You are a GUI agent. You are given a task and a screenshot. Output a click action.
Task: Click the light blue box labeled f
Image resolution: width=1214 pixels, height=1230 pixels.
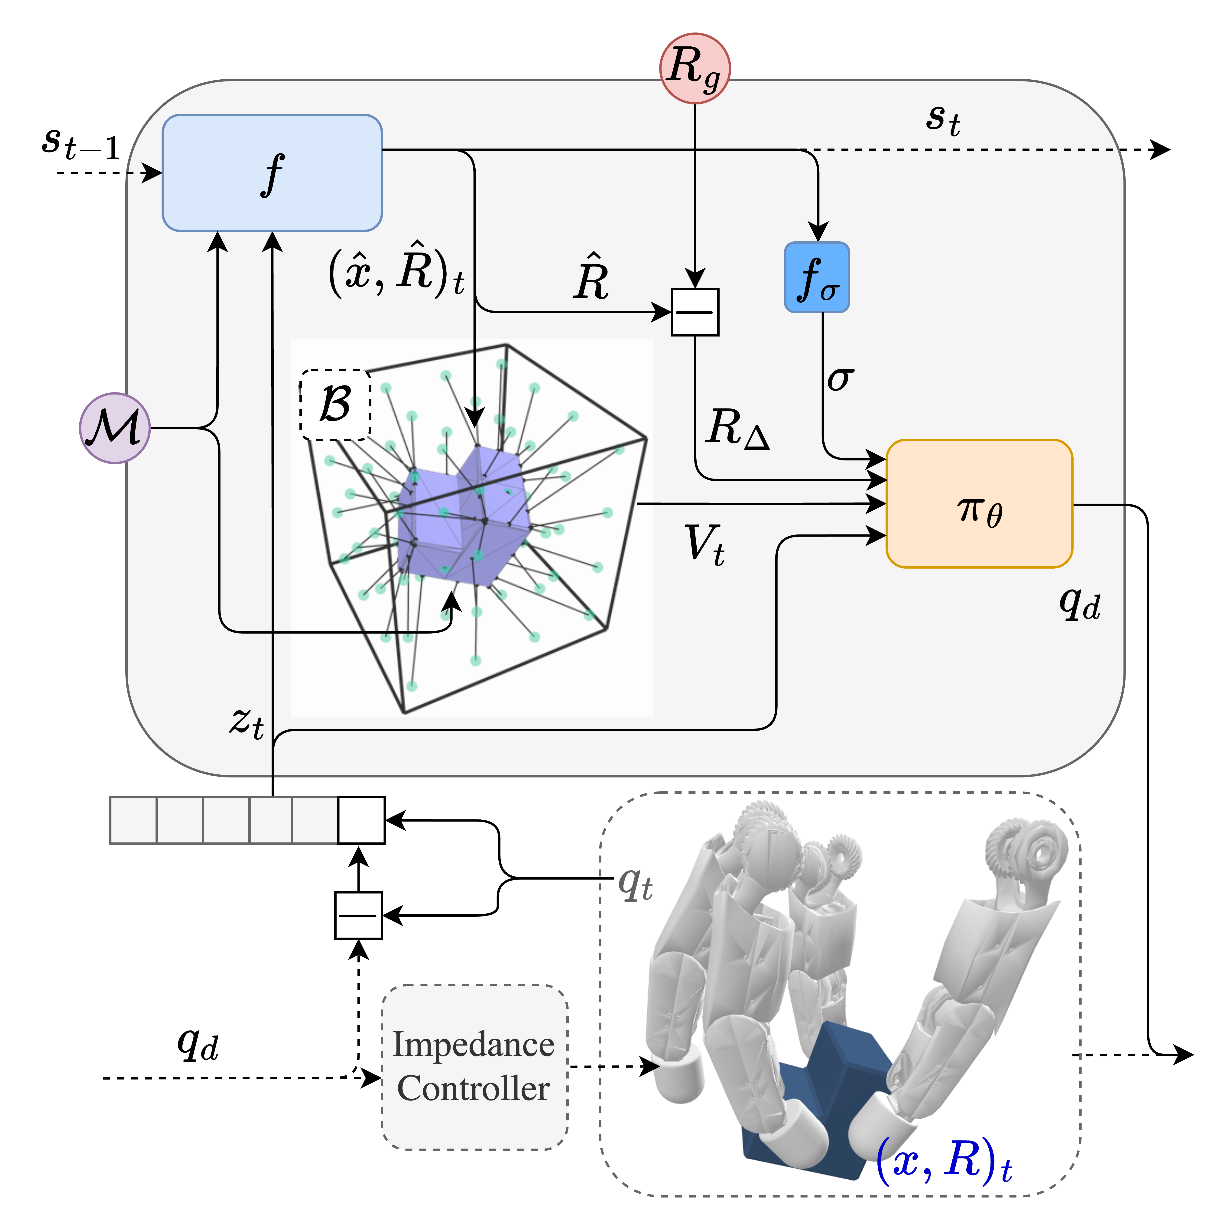pos(272,172)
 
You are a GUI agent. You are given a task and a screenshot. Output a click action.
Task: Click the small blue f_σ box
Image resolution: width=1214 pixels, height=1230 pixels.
pos(817,277)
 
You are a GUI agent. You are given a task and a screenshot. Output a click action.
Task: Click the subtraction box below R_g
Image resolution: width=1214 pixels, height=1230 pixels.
pos(695,312)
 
